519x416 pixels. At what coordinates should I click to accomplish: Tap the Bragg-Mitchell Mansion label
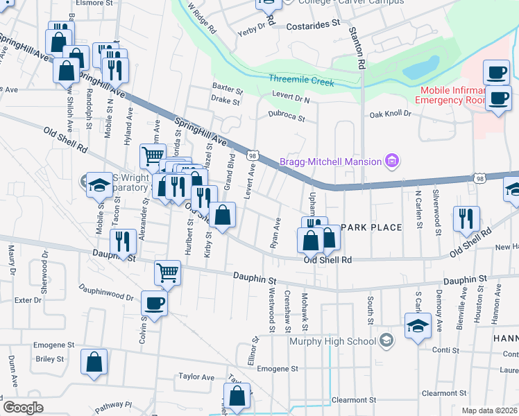330,162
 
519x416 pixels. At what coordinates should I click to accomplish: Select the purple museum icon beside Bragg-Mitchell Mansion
392,162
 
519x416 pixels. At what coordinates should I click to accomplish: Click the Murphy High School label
332,341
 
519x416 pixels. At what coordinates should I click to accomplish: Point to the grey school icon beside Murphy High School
387,340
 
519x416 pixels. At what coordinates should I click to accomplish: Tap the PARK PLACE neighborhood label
371,227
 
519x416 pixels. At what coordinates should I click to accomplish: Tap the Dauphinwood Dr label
105,292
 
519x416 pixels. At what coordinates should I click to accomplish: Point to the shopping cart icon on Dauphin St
168,272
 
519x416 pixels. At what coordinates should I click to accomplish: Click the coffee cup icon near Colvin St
154,302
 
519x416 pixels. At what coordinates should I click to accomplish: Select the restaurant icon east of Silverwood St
466,218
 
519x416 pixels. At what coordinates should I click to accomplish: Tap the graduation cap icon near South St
418,326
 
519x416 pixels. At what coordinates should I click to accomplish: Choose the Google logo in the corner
23,408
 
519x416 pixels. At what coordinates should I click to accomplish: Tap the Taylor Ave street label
196,376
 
